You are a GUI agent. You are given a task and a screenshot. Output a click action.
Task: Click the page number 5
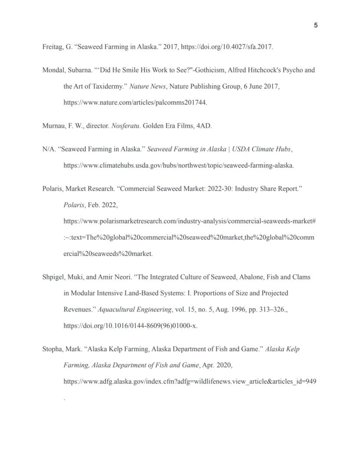(316, 25)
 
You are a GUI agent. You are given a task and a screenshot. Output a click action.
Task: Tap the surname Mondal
(53, 70)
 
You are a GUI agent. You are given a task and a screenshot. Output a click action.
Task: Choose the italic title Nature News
(148, 86)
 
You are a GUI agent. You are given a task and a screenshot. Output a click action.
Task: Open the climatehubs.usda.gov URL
(178, 165)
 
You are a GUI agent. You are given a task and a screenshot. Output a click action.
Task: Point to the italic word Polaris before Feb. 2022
(74, 205)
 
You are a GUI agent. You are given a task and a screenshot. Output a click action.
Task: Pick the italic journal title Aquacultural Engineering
(135, 309)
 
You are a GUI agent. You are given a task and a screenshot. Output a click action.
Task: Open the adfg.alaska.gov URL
(190, 382)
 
